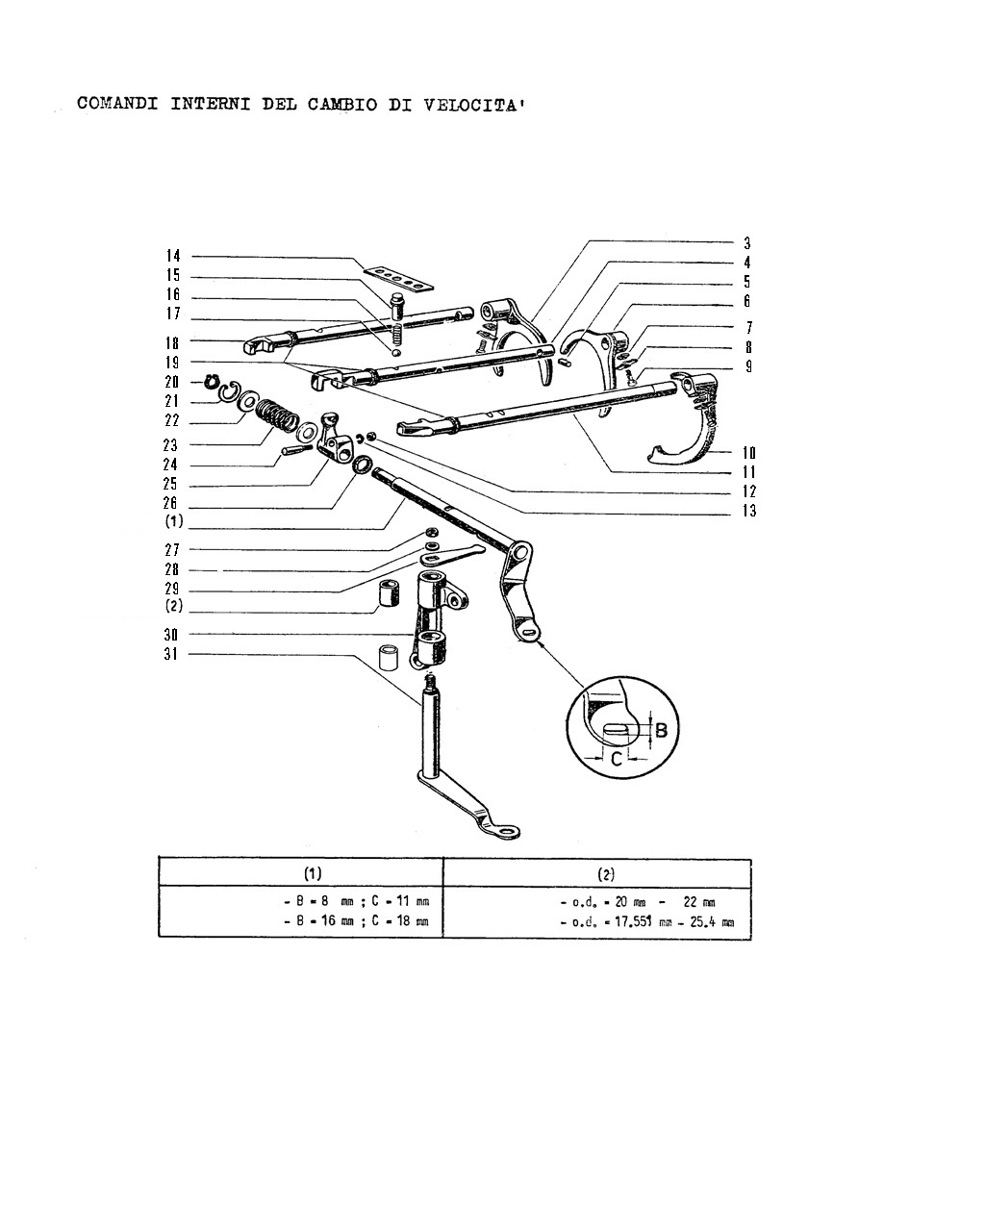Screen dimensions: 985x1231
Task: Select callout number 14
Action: pyautogui.click(x=173, y=255)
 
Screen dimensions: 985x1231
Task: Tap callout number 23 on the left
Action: pyautogui.click(x=170, y=444)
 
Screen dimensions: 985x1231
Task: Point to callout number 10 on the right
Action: pyautogui.click(x=748, y=452)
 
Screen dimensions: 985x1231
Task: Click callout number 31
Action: pyautogui.click(x=170, y=653)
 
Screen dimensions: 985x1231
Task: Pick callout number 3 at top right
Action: pyautogui.click(x=746, y=243)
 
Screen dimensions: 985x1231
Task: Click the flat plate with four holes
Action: pyautogui.click(x=400, y=278)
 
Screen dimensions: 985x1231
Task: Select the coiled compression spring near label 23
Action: pyautogui.click(x=277, y=415)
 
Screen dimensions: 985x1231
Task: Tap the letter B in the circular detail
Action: pyautogui.click(x=661, y=730)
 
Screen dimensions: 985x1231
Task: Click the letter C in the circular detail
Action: pyautogui.click(x=617, y=760)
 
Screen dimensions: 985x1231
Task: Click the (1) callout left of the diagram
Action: pyautogui.click(x=173, y=521)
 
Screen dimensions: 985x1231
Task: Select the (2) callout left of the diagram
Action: pyautogui.click(x=173, y=605)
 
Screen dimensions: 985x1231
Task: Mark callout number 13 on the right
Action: pyautogui.click(x=749, y=511)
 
